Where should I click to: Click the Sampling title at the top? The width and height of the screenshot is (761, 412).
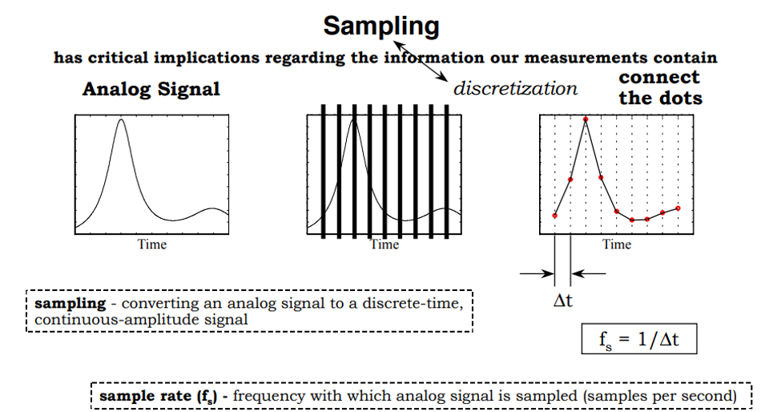tap(380, 26)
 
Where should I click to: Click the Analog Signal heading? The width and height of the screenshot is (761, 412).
tap(151, 89)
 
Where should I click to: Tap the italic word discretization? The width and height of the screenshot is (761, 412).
tap(515, 88)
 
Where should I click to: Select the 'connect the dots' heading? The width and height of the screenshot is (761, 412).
tap(660, 88)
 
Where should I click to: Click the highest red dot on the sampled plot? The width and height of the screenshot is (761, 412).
tap(586, 119)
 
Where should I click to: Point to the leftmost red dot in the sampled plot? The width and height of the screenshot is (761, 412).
tap(554, 216)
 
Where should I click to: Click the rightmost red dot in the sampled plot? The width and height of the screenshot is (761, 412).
tap(678, 208)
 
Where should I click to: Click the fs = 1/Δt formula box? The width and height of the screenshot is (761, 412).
tap(639, 339)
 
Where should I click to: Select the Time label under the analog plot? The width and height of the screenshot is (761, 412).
tap(151, 244)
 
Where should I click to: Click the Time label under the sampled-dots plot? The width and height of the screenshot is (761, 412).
tap(616, 244)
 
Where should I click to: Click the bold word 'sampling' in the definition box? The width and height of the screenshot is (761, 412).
tap(70, 304)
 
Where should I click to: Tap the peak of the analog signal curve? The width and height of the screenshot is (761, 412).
tap(121, 119)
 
